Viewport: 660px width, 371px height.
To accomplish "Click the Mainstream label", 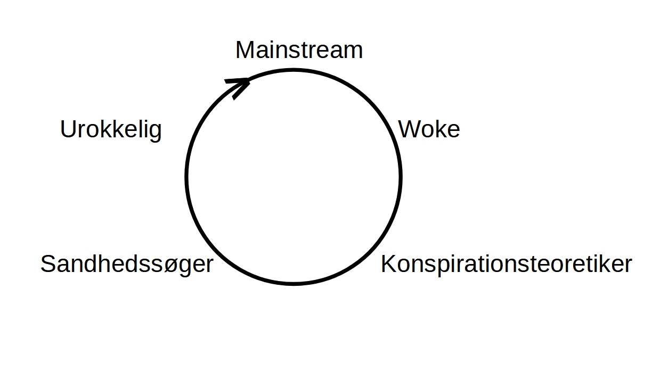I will click(x=299, y=50).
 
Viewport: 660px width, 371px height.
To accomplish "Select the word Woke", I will click(x=429, y=129).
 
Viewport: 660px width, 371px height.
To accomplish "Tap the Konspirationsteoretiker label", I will click(x=506, y=264).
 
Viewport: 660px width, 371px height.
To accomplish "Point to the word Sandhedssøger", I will click(x=127, y=264).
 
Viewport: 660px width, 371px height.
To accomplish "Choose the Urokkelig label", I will click(x=111, y=129).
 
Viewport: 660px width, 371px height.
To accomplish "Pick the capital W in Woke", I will click(x=409, y=129).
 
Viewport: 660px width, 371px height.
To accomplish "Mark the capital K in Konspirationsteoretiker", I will click(x=387, y=264).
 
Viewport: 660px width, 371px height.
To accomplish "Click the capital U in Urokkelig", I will click(x=67, y=129).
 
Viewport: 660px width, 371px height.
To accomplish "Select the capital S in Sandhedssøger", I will click(x=48, y=264).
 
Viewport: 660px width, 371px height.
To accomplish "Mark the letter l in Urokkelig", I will click(x=138, y=129).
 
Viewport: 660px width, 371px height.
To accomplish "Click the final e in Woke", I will click(x=453, y=131).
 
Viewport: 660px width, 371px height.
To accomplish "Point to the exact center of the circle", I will click(x=294, y=177).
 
